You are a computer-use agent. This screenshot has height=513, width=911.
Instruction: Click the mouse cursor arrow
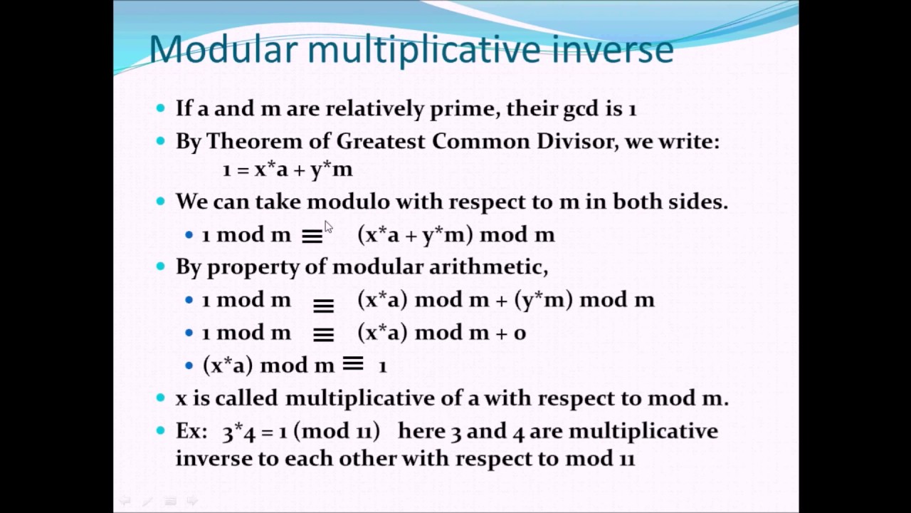point(329,227)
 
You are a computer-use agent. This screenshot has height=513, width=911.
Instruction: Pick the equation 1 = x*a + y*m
point(288,170)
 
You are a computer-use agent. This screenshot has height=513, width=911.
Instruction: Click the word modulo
point(349,202)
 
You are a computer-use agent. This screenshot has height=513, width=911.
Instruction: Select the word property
point(253,268)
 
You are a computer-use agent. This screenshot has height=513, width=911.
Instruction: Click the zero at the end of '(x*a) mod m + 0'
point(520,333)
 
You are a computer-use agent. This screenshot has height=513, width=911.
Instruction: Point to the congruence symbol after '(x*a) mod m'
point(353,363)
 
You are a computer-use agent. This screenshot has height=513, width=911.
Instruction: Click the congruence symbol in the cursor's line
point(312,236)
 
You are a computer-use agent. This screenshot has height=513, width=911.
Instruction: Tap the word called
point(246,398)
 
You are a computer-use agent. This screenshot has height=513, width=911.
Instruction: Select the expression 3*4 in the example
point(238,432)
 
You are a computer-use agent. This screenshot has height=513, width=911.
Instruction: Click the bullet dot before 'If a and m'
point(161,108)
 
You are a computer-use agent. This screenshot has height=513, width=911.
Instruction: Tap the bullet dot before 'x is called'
point(161,398)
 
